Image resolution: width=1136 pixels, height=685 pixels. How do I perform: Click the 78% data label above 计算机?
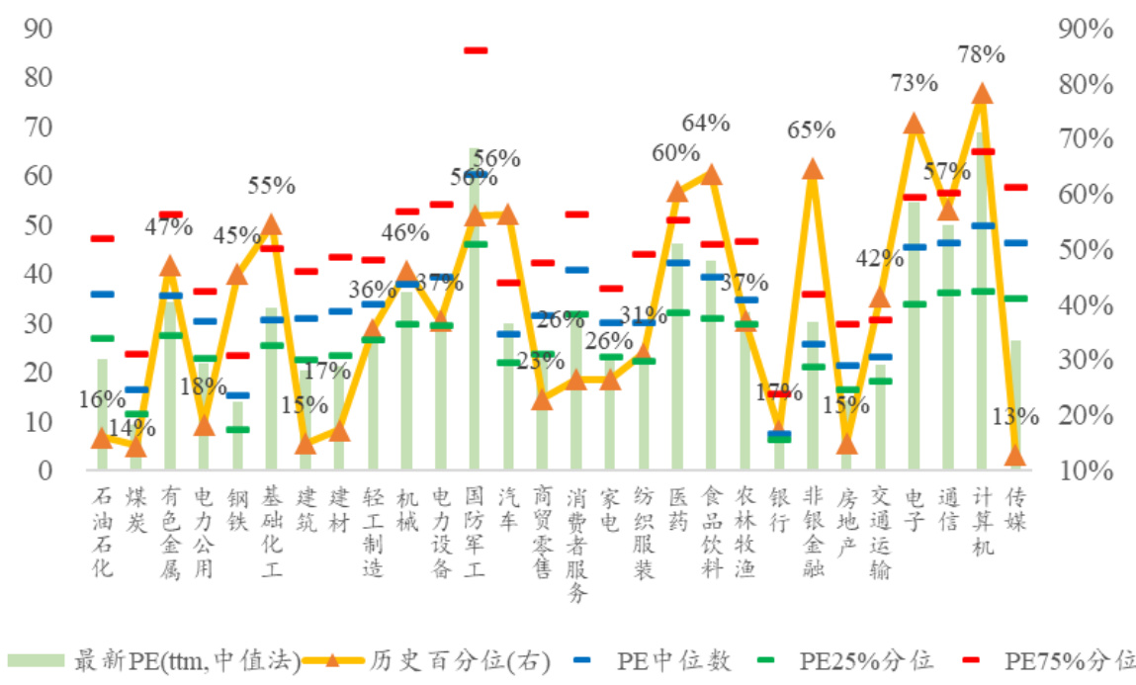click(x=981, y=54)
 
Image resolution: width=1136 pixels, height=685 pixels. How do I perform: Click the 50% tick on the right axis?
click(x=1085, y=249)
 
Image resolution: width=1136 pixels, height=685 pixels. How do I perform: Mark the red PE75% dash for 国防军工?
click(x=476, y=49)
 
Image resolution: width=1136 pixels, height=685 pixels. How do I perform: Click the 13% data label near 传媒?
click(x=1018, y=416)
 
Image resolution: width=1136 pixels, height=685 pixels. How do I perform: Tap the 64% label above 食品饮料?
click(x=706, y=124)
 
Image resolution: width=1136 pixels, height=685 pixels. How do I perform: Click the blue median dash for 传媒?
click(x=1014, y=242)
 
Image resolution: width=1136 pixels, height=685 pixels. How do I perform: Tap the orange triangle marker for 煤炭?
click(x=136, y=448)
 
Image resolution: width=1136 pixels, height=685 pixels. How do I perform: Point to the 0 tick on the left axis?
click(x=44, y=471)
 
